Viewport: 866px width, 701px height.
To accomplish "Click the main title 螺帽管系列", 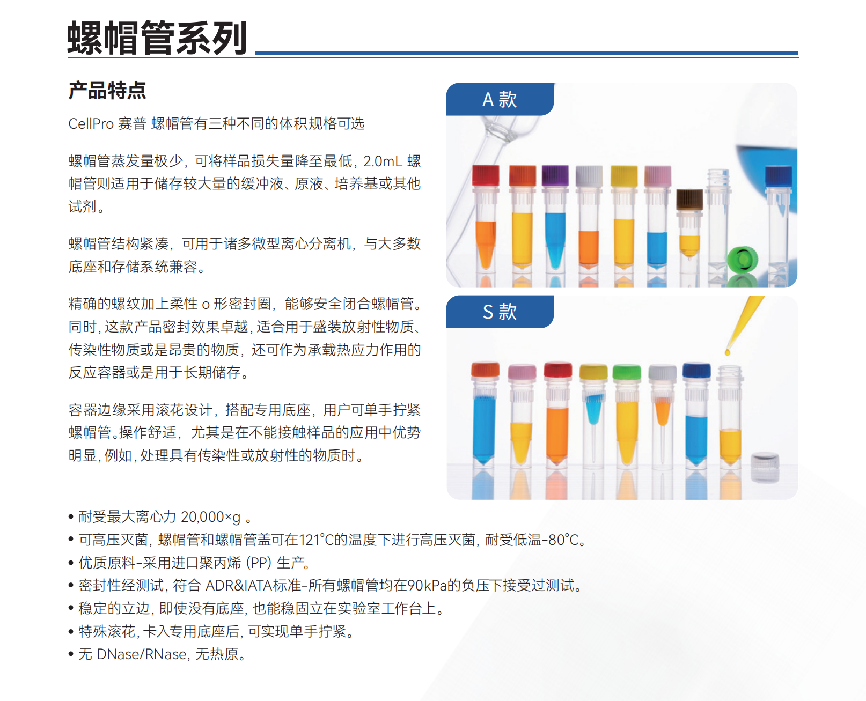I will click(157, 38).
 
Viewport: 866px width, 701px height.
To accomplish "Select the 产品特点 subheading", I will click(107, 91).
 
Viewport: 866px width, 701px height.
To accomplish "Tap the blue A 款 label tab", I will click(499, 99).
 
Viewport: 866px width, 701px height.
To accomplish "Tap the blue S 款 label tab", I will click(499, 312).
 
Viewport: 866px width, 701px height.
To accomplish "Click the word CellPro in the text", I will click(91, 124).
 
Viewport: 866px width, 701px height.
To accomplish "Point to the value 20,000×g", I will click(210, 517).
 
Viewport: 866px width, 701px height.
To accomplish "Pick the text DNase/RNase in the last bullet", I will click(142, 654).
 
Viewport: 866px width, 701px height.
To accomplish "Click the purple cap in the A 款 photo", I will click(555, 176).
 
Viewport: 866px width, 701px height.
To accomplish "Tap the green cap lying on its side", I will click(742, 260).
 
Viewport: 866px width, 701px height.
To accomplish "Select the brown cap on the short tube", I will click(689, 199).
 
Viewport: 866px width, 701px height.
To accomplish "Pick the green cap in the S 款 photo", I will click(627, 372).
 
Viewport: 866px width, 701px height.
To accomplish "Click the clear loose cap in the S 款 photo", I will click(765, 466).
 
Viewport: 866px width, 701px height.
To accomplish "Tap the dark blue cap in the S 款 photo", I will click(696, 370).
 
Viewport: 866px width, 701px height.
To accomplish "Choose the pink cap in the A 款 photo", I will click(657, 176).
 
